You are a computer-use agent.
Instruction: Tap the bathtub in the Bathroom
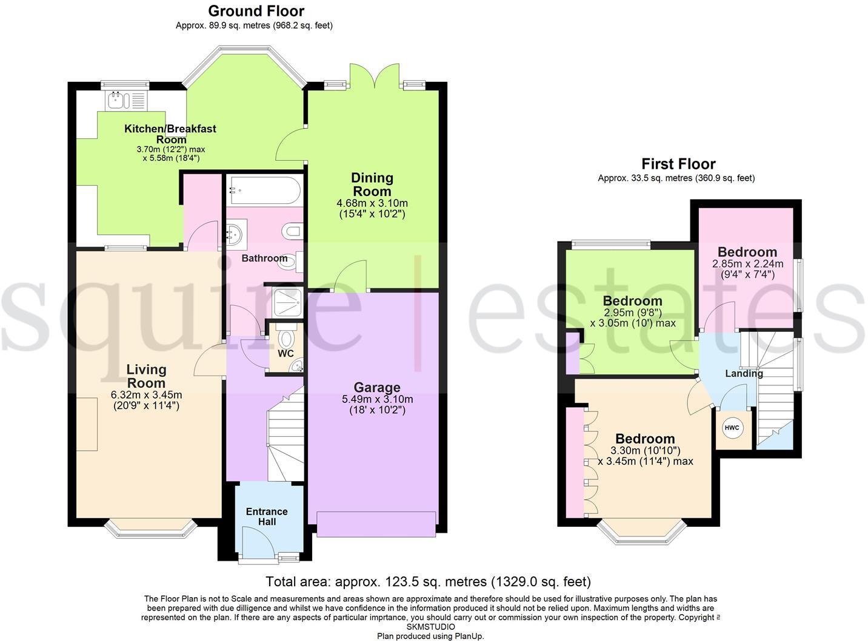[264, 190]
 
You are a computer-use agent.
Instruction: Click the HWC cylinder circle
[732, 428]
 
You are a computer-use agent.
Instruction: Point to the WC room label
[285, 353]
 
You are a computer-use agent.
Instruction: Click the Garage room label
[377, 387]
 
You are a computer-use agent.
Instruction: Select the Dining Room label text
[372, 184]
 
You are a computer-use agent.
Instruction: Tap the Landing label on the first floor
[744, 373]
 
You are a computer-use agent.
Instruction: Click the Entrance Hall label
[267, 516]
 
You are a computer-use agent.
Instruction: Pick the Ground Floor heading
[256, 11]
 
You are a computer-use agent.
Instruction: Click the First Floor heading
[678, 164]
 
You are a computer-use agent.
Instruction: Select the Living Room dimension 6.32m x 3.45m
[146, 394]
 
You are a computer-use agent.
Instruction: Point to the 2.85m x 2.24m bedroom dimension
[747, 264]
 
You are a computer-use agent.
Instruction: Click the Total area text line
[428, 582]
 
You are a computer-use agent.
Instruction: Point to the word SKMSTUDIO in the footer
[430, 626]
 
